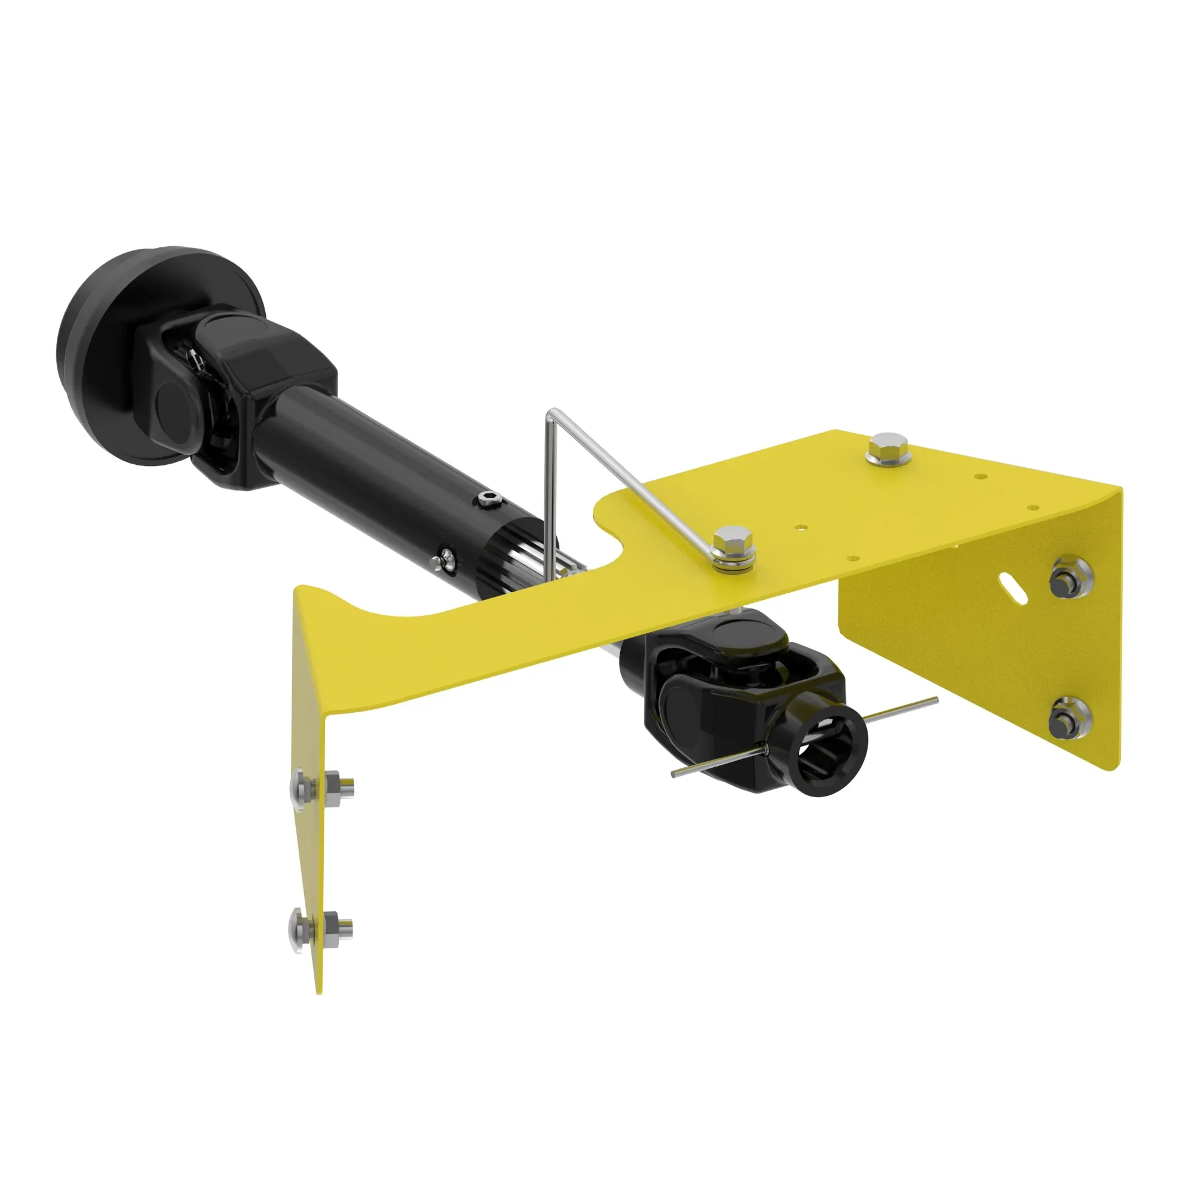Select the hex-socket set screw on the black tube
pyautogui.click(x=489, y=499)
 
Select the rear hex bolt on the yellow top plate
pyautogui.click(x=889, y=449)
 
